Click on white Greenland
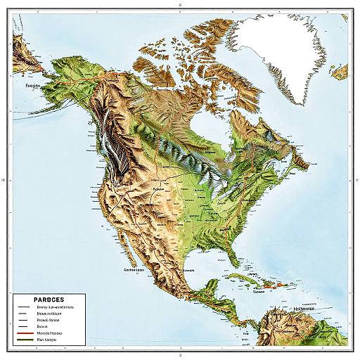click(281, 49)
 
